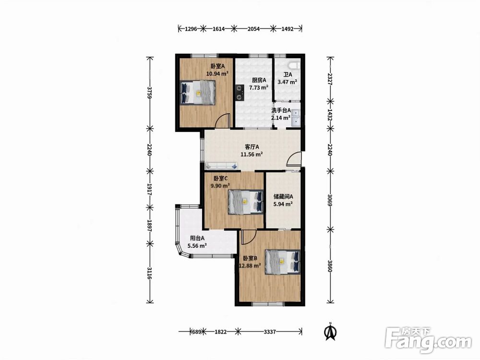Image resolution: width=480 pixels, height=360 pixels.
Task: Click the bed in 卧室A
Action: tap(198, 93)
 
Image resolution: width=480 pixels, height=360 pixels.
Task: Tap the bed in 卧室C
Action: tap(246, 202)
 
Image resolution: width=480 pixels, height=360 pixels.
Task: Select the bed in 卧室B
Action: tap(283, 262)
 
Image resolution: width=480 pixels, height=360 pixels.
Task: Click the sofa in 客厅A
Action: tap(222, 166)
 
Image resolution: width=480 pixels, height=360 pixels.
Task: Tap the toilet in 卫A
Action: tap(295, 65)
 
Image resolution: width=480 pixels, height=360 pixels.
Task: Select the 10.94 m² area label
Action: tap(217, 73)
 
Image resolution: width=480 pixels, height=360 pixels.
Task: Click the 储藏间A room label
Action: tap(283, 196)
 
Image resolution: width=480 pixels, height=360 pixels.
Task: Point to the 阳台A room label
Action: tap(197, 238)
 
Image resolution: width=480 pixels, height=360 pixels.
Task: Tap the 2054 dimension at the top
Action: tap(253, 29)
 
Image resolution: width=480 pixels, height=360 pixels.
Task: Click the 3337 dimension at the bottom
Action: tap(270, 332)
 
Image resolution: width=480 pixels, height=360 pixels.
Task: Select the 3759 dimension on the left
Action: tap(149, 92)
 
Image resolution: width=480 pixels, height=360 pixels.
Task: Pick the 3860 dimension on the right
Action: tap(330, 266)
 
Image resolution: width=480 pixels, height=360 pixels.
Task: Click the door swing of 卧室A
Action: tap(222, 120)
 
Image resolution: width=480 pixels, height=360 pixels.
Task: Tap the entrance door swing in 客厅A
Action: tap(294, 159)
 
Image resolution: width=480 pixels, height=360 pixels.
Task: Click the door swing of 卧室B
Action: tap(248, 238)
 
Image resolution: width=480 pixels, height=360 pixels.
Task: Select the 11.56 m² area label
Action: tap(252, 154)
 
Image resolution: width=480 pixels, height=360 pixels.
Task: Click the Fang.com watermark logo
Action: tap(428, 340)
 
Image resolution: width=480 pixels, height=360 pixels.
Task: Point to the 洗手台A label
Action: tap(281, 110)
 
